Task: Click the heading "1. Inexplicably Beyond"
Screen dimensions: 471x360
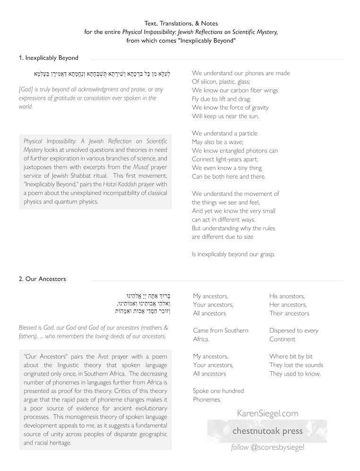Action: pyautogui.click(x=49, y=58)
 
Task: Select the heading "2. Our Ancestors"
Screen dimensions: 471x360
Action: pyautogui.click(x=42, y=279)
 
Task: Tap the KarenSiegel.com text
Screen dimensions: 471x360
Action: pyautogui.click(x=267, y=413)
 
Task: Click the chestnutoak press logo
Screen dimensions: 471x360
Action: pyautogui.click(x=267, y=431)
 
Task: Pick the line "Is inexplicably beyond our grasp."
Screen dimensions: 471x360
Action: pyautogui.click(x=233, y=254)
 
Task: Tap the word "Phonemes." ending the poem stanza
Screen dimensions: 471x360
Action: pyautogui.click(x=207, y=400)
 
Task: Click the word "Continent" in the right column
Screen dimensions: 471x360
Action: pyautogui.click(x=283, y=339)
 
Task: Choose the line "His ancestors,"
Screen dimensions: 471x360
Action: pyautogui.click(x=287, y=296)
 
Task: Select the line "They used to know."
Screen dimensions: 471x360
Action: pyautogui.click(x=295, y=374)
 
